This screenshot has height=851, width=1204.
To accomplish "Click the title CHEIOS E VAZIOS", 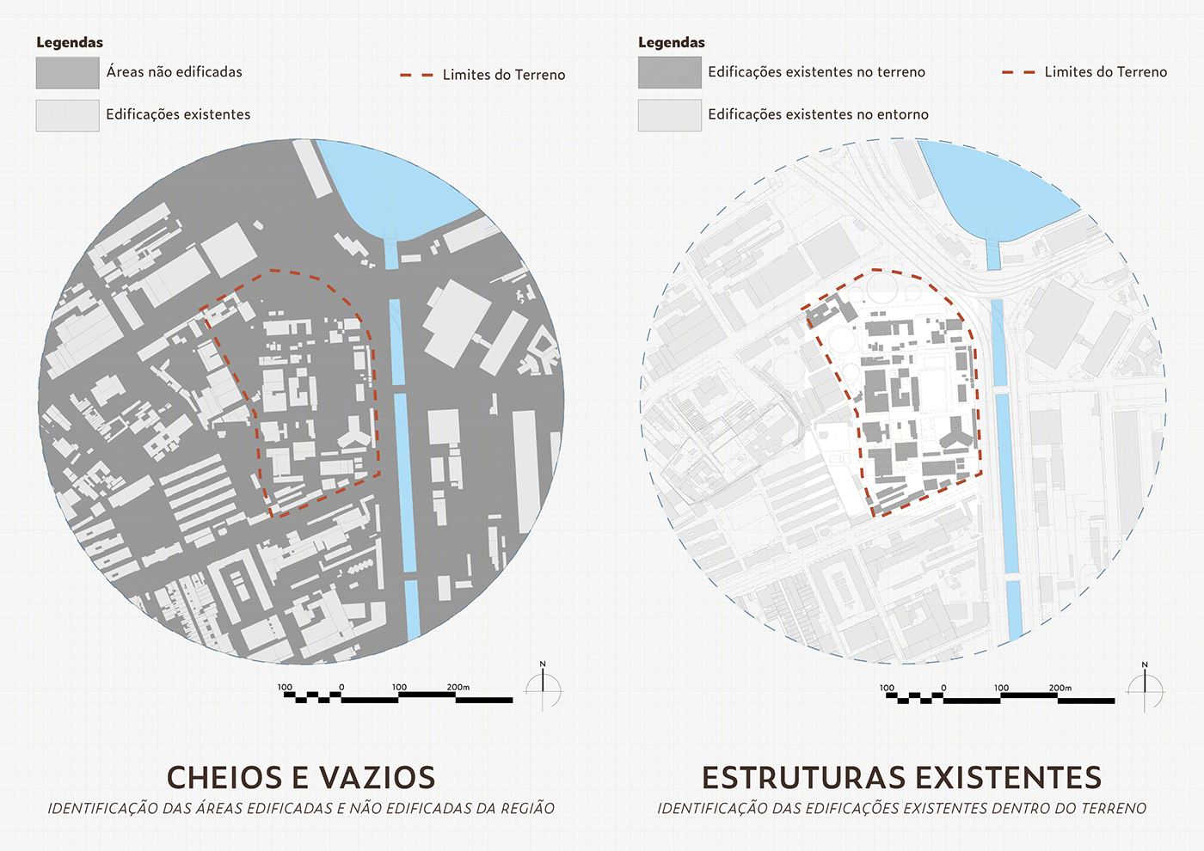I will [301, 777].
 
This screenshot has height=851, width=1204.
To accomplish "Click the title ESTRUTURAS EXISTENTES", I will [901, 777].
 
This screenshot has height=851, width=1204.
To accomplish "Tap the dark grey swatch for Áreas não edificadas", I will [67, 73].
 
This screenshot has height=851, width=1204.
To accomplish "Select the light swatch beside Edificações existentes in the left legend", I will [67, 115].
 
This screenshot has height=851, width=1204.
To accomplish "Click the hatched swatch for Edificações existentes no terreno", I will [669, 73].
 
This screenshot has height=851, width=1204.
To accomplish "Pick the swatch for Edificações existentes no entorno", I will [669, 115].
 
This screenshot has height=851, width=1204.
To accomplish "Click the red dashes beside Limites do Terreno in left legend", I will [416, 76].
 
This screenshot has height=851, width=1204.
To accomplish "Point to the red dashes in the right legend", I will [1018, 73].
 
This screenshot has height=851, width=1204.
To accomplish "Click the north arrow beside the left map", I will [544, 688].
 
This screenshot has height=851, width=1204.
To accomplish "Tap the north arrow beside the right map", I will [1146, 688].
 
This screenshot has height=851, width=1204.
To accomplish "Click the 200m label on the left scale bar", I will [458, 687].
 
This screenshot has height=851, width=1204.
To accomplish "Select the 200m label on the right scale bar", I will [1060, 688].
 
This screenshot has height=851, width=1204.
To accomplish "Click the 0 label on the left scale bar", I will [341, 687].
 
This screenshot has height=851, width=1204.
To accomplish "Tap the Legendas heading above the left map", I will [70, 42].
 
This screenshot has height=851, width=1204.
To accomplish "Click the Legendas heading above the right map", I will [672, 42].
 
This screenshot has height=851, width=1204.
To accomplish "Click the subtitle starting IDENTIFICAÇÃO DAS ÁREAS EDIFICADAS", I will [301, 809].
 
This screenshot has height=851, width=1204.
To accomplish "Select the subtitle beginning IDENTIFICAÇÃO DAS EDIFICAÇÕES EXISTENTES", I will [901, 809].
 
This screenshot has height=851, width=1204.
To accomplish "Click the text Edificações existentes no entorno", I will [818, 114].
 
